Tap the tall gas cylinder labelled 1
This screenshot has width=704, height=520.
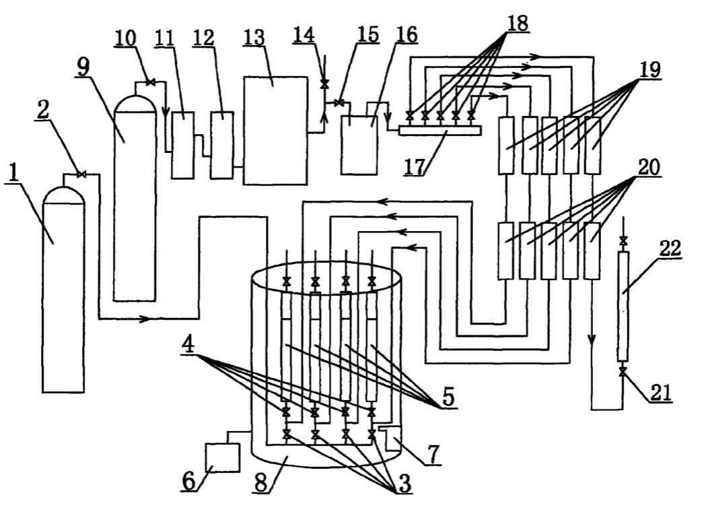click(x=64, y=296)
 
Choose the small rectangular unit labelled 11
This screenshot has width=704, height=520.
click(x=181, y=145)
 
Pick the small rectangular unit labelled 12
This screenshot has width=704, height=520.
click(x=221, y=145)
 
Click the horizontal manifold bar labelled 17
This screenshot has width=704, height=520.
click(x=439, y=130)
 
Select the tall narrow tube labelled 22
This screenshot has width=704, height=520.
click(x=623, y=307)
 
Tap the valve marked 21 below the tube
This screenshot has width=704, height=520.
click(x=623, y=372)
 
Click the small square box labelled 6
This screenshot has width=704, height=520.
click(x=222, y=459)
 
